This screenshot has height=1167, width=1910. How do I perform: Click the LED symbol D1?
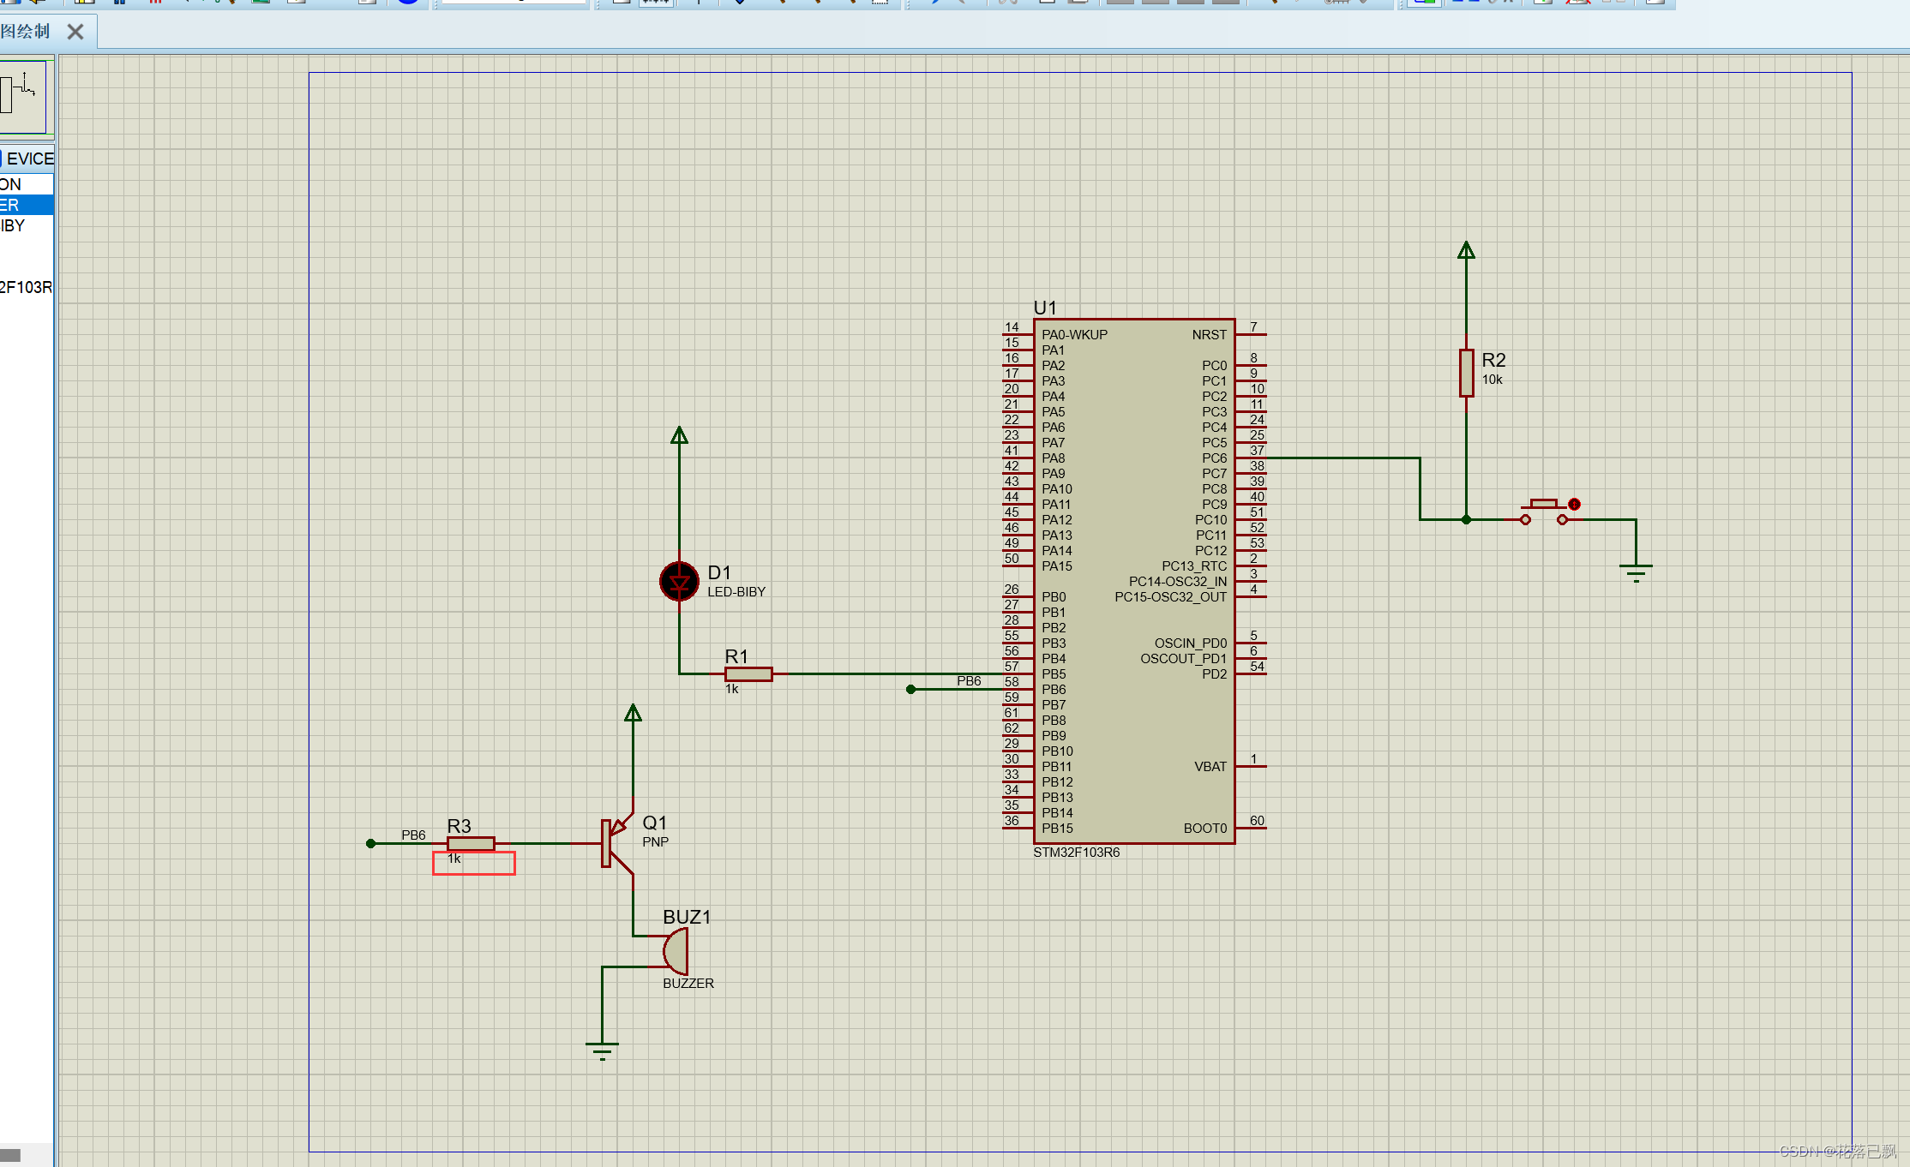click(679, 582)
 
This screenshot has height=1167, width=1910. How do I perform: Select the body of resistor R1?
click(748, 674)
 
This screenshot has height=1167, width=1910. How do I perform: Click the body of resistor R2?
click(1466, 373)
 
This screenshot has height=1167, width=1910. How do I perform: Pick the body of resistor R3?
click(471, 844)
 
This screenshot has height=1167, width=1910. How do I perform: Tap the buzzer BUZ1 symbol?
click(676, 951)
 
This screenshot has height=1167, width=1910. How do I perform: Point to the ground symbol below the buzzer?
click(602, 1049)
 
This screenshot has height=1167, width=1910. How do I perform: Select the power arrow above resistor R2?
click(1466, 250)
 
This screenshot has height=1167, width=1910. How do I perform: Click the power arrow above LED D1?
click(679, 435)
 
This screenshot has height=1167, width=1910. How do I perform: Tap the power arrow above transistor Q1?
click(633, 713)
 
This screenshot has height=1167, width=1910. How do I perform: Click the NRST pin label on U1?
click(1209, 335)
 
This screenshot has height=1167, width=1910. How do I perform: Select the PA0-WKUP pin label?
click(1074, 335)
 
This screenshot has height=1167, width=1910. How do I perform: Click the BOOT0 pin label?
click(1204, 829)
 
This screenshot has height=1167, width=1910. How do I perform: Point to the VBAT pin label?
click(1210, 767)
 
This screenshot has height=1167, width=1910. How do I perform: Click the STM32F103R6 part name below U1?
click(1076, 853)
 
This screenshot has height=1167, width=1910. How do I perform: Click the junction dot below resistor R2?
click(1466, 519)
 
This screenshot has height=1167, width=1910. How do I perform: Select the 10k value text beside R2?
click(1492, 380)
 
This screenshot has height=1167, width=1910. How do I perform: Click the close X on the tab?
click(75, 32)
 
